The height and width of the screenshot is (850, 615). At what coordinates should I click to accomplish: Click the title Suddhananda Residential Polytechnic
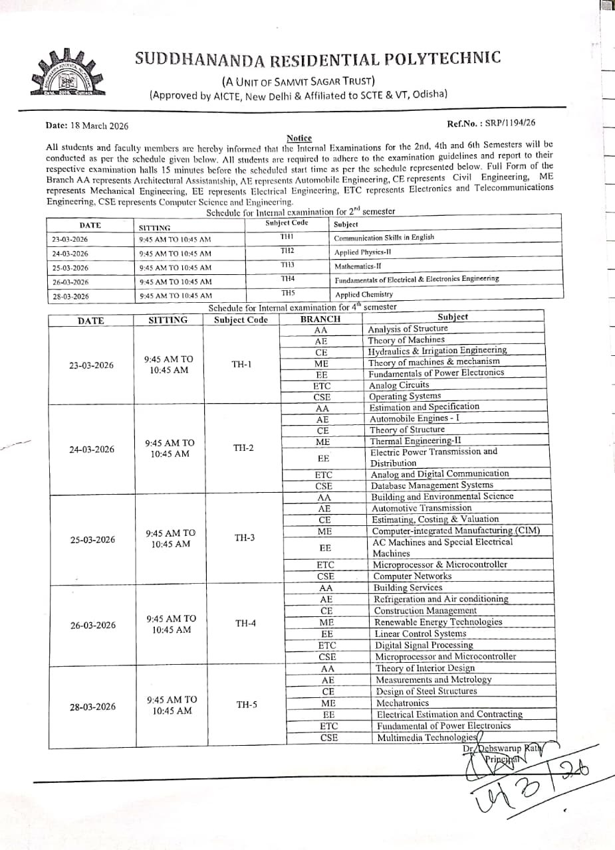coord(318,58)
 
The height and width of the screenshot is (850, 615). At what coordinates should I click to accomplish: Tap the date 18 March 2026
coord(87,126)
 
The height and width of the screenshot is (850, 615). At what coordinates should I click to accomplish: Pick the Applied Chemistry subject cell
coord(364,294)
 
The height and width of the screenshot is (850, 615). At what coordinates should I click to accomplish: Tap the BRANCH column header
coord(320,319)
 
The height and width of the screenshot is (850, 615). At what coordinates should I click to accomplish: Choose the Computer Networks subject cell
coord(412,576)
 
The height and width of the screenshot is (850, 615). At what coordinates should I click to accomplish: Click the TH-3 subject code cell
coord(244,538)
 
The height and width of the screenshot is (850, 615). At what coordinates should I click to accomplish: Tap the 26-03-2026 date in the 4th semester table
coord(93,626)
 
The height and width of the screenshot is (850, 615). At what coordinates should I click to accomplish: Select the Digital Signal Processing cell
coord(424,645)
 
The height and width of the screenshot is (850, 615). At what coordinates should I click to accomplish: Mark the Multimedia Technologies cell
coord(427,738)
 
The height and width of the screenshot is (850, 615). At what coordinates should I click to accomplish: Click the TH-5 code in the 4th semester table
coord(247,705)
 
